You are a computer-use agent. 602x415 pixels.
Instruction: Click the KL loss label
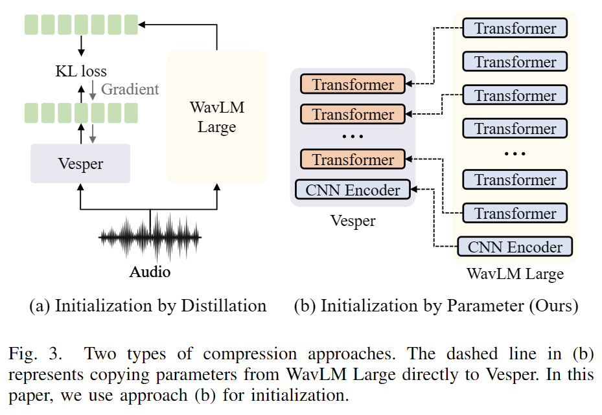[x=81, y=71]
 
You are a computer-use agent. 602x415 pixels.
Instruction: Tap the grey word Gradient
[x=130, y=89]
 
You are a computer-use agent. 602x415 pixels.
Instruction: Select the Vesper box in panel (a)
[x=80, y=163]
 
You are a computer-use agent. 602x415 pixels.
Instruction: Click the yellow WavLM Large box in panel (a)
[x=216, y=117]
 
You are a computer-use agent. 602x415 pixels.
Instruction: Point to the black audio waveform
[x=150, y=238]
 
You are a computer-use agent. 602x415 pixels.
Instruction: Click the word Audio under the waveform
[x=150, y=271]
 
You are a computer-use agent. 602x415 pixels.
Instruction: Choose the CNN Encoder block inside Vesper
[x=353, y=190]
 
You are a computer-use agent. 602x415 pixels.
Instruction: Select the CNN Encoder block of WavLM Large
[x=515, y=247]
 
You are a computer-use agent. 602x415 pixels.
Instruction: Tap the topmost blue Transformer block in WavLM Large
[x=515, y=28]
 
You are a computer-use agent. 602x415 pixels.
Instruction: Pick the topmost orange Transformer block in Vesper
[x=353, y=84]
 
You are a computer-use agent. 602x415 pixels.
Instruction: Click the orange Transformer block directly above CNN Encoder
[x=353, y=159]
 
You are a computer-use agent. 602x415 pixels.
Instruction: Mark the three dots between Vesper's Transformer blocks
[x=353, y=137]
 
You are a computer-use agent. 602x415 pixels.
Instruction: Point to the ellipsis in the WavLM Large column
[x=515, y=153]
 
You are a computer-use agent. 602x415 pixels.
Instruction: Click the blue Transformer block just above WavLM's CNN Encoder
[x=515, y=213]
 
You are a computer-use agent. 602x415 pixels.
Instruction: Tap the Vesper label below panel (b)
[x=353, y=221]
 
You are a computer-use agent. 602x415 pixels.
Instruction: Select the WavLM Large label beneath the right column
[x=515, y=274]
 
